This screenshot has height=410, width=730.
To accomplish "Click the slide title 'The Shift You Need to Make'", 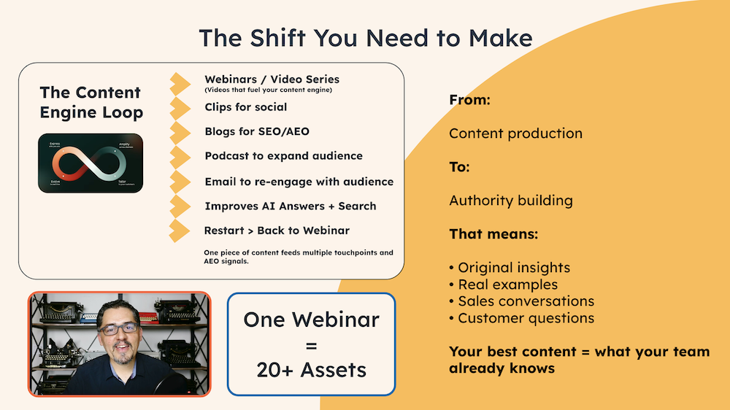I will click(365, 38).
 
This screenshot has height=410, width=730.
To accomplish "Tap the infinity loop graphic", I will click(91, 163).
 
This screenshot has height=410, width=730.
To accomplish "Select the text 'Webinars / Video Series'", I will click(272, 79).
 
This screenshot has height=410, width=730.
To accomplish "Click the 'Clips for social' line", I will click(245, 107).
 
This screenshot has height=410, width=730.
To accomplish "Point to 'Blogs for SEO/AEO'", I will click(257, 131).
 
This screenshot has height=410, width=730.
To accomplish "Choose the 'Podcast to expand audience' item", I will click(283, 156).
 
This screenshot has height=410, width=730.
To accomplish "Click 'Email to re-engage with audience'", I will click(299, 182).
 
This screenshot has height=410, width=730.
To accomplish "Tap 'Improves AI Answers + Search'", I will click(291, 206).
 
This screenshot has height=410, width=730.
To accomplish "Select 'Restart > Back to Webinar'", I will click(277, 231).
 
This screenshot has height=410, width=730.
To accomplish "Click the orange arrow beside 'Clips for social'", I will click(180, 108).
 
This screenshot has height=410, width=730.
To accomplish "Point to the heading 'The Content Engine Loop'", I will click(91, 102).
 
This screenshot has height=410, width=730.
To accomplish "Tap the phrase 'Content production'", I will click(515, 134).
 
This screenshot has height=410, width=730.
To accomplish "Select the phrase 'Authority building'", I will click(510, 201).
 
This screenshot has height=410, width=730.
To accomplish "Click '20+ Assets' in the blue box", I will click(311, 369).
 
